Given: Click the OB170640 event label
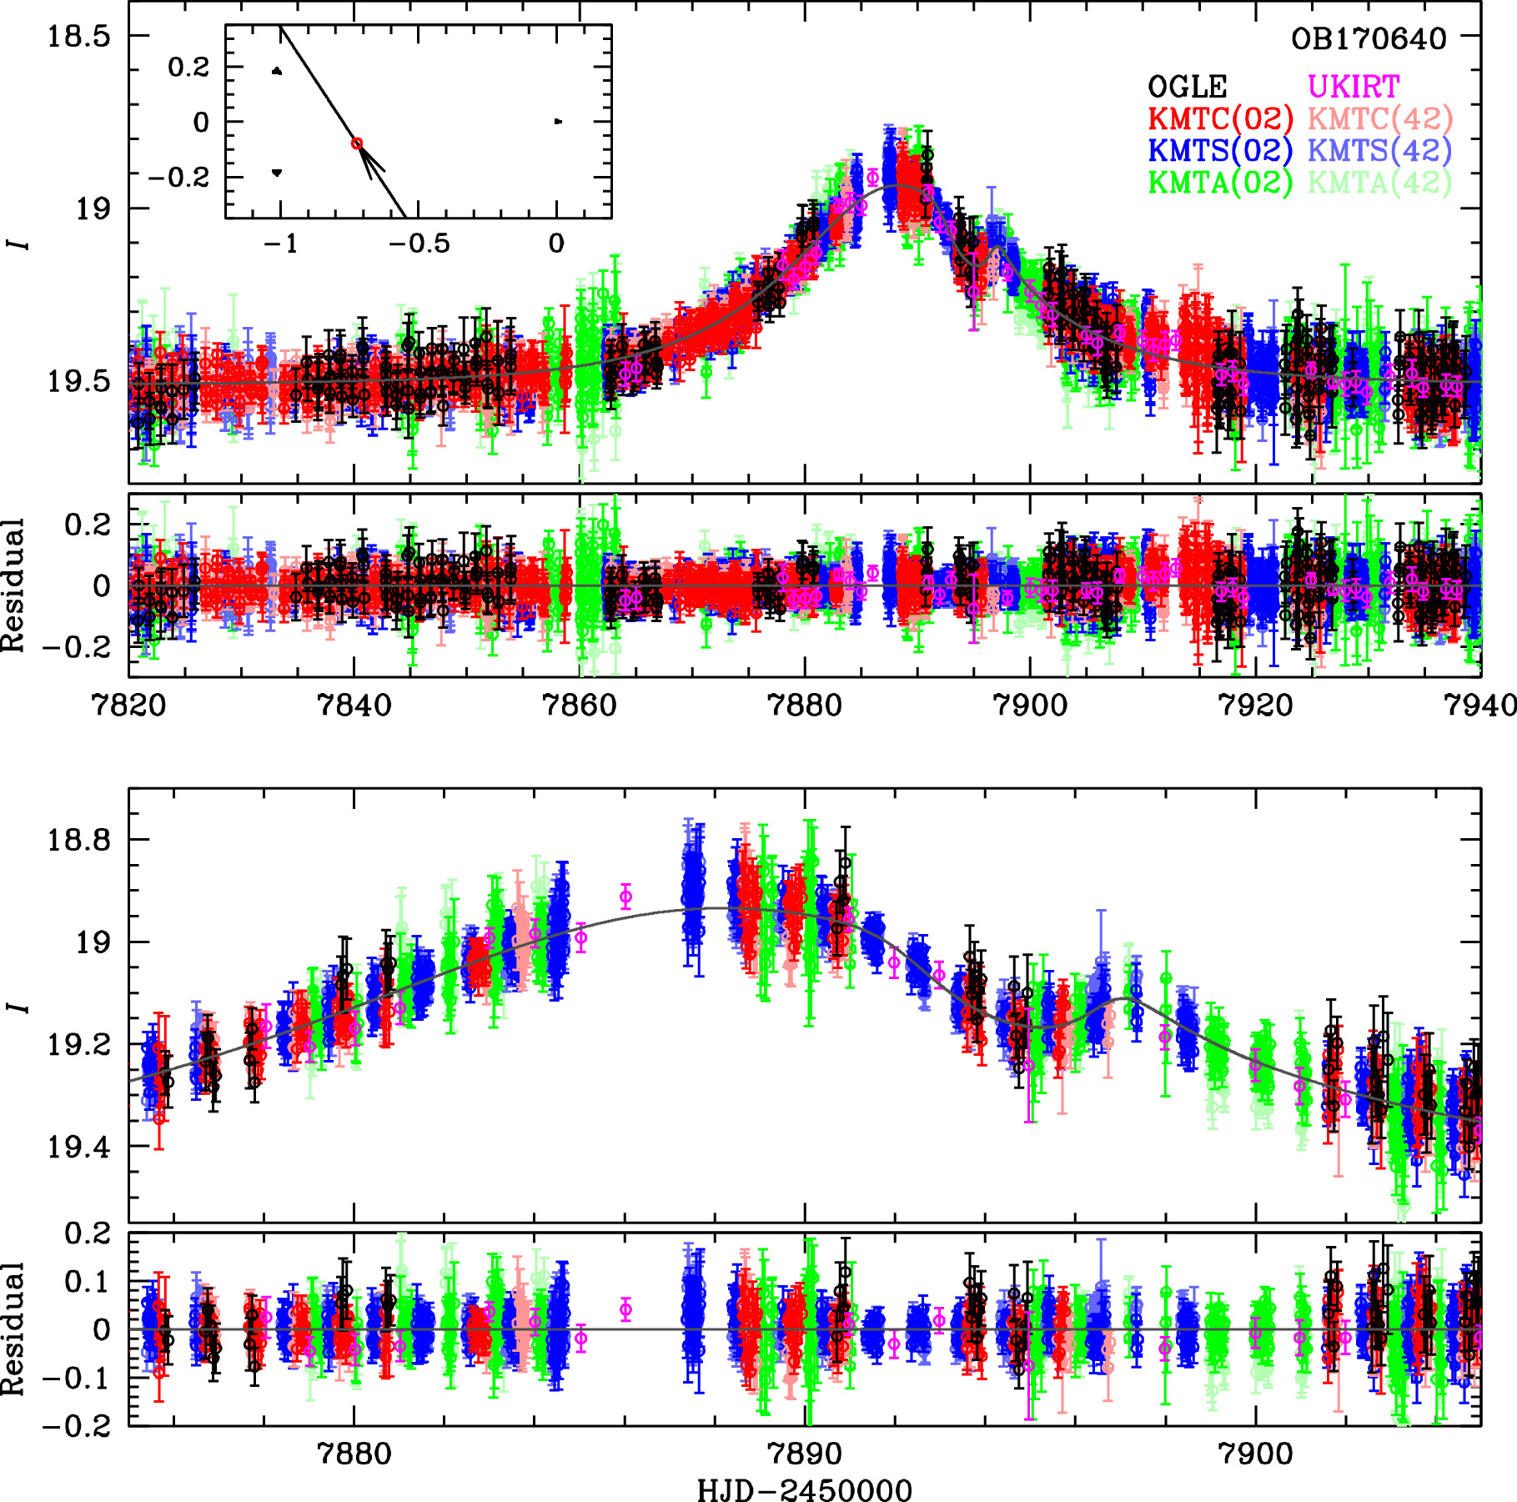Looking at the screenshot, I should click(1369, 39).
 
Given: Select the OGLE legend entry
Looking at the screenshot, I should click(1188, 87).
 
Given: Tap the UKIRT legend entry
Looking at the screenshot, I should click(1353, 87).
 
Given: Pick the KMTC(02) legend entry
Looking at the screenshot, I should click(1220, 118).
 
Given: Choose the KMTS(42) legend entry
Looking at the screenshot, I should click(1379, 150).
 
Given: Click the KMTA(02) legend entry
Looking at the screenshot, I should click(1220, 182).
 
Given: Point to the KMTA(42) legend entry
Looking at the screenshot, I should click(1379, 182).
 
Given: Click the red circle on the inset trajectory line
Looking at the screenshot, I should click(357, 143).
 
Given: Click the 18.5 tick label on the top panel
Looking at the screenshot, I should click(78, 37).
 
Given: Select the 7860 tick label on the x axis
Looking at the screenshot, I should click(579, 706).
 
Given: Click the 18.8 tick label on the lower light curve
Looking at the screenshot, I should click(78, 839).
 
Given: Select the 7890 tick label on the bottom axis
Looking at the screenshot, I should click(804, 1454).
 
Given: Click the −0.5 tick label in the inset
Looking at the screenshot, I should click(419, 244).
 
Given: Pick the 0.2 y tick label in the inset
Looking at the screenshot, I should click(188, 67).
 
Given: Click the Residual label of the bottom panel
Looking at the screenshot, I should click(13, 1329).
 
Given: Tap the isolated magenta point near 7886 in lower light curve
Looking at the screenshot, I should click(625, 897).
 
